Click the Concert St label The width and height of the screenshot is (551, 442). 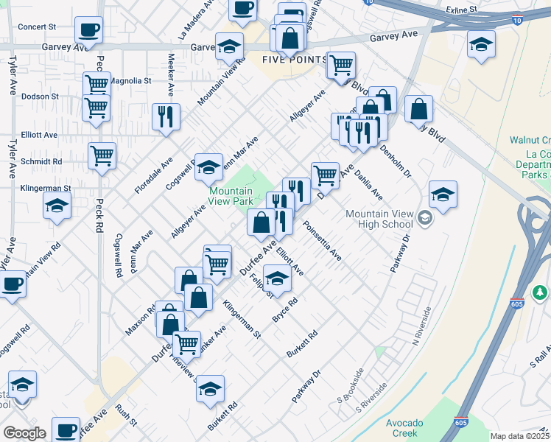point(37,27)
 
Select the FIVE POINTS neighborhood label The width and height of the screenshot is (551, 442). point(295,59)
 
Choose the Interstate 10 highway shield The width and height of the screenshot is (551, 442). point(368,2)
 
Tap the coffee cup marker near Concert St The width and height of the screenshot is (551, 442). point(88,31)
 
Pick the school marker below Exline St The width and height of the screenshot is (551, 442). point(481,46)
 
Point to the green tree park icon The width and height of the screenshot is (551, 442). point(541,293)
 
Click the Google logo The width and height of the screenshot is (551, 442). point(24,433)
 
